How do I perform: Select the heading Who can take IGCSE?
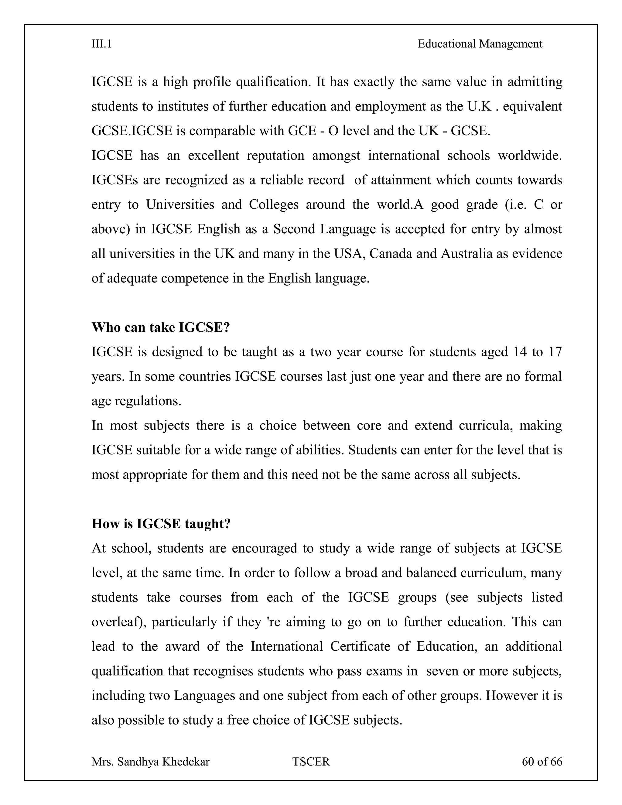coord(161,327)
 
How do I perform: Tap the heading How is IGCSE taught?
coord(161,524)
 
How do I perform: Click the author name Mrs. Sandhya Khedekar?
coord(150,762)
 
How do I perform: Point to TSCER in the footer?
coord(311,762)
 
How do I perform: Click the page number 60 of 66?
coord(542,762)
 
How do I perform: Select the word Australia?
coord(466,254)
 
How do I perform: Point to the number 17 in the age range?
coord(555,352)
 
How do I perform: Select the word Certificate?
coord(360,646)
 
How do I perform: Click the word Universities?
coord(180,204)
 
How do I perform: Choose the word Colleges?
coord(273,204)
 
